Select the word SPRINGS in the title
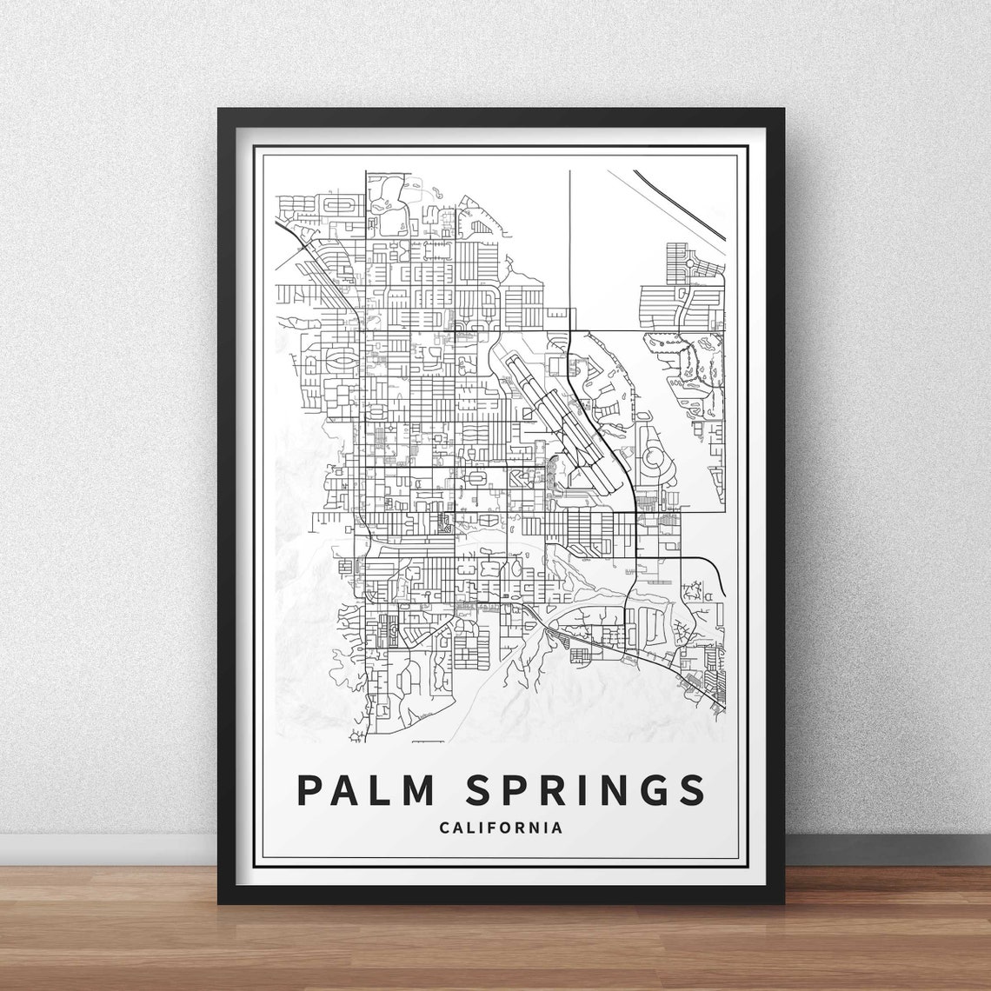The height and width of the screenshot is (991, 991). [585, 789]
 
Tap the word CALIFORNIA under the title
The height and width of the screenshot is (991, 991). [501, 828]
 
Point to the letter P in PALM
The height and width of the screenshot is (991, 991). [309, 789]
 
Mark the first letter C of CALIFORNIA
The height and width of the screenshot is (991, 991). [445, 828]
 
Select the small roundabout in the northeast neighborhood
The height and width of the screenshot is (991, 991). [689, 262]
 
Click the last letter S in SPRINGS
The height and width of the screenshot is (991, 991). [693, 789]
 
